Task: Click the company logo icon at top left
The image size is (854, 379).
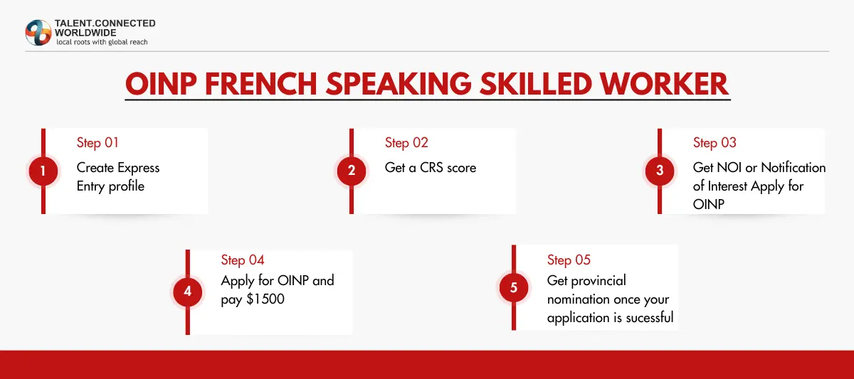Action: [38, 33]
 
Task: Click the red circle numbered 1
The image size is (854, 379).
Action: [43, 171]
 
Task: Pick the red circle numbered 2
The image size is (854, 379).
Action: [352, 171]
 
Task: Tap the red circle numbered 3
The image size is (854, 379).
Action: [660, 171]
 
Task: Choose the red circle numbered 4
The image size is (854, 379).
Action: [188, 292]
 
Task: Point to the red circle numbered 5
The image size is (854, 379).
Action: [514, 288]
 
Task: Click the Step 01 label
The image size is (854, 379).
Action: [97, 143]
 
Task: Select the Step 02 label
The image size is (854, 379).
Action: [406, 143]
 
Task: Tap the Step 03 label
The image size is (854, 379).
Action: [715, 143]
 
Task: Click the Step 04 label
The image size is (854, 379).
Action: [243, 260]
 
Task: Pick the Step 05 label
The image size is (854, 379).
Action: [569, 260]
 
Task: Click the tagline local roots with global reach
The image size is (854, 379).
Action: [102, 42]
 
